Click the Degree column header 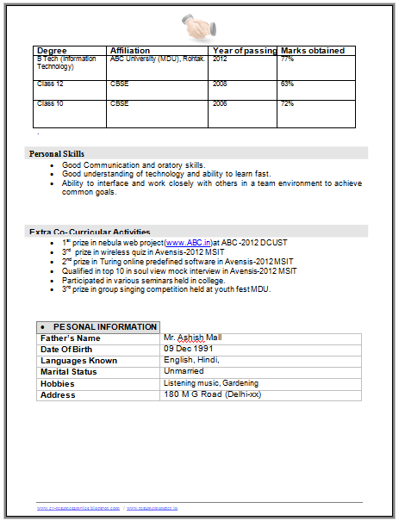(52, 51)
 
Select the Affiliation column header (130, 51)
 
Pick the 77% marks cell (287, 59)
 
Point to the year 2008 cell (220, 84)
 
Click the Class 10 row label (50, 103)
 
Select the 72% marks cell (287, 103)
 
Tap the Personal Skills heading (57, 153)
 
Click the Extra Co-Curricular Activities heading (90, 232)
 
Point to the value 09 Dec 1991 (188, 350)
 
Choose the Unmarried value (186, 372)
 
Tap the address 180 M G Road (212, 394)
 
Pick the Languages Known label (78, 361)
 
